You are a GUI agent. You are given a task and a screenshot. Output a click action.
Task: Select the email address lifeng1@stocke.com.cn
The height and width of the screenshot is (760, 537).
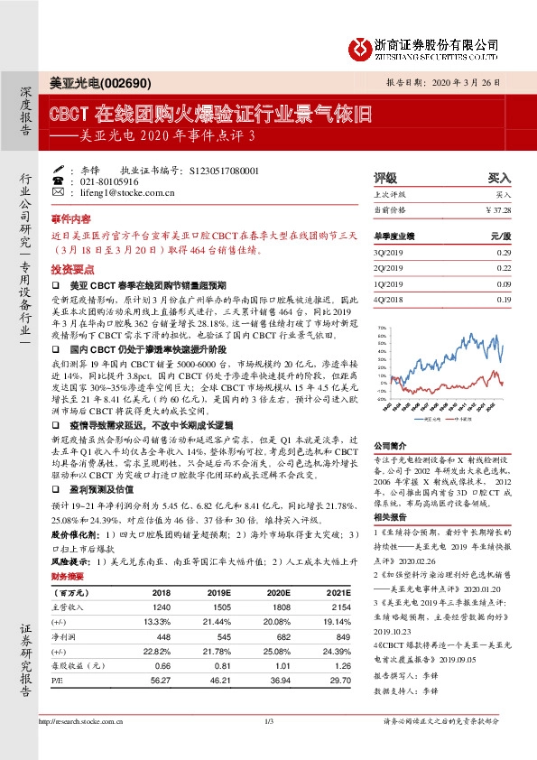[133, 192]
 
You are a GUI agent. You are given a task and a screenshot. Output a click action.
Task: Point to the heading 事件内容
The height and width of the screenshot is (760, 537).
[71, 219]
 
